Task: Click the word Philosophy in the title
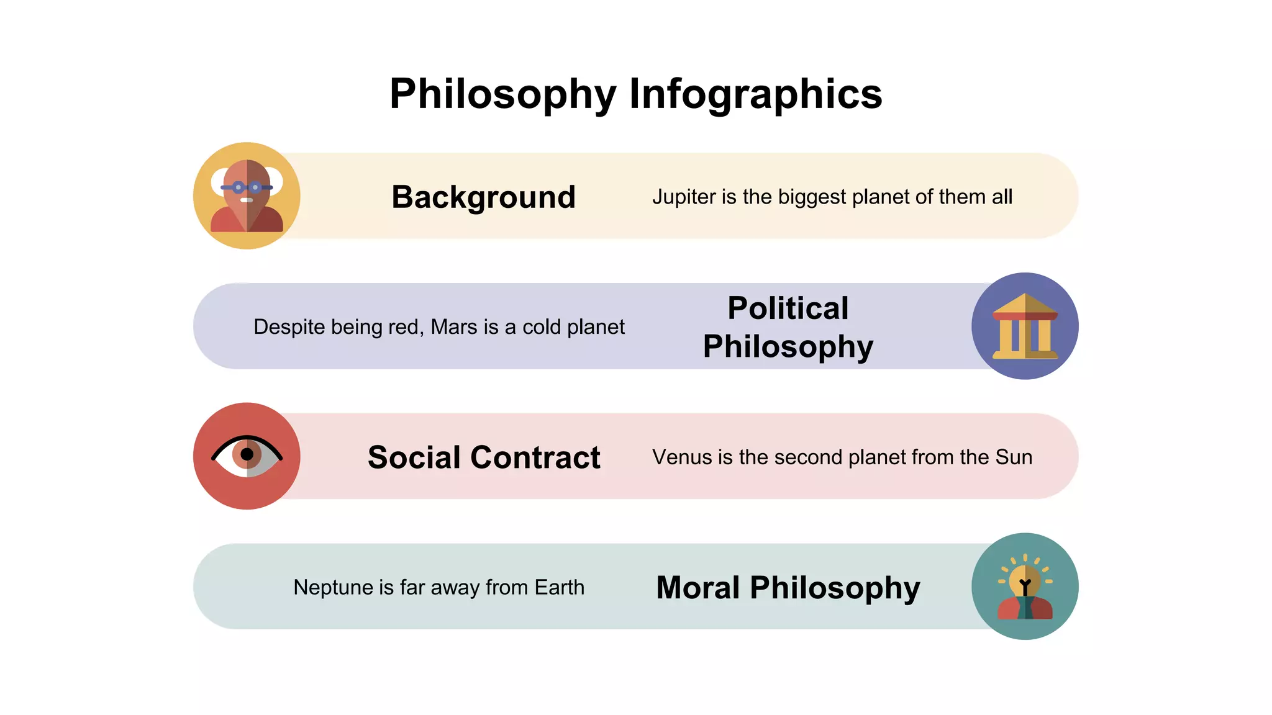coord(502,94)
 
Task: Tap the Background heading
coord(483,197)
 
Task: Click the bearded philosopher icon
coord(247,196)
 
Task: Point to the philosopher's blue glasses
coord(247,187)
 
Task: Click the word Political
coord(788,308)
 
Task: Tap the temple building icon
coord(1025,326)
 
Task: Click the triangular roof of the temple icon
coord(1025,304)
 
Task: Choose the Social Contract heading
coord(484,457)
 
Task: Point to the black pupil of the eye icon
coord(247,454)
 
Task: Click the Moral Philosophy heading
coord(788,588)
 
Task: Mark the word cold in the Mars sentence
coord(541,326)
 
